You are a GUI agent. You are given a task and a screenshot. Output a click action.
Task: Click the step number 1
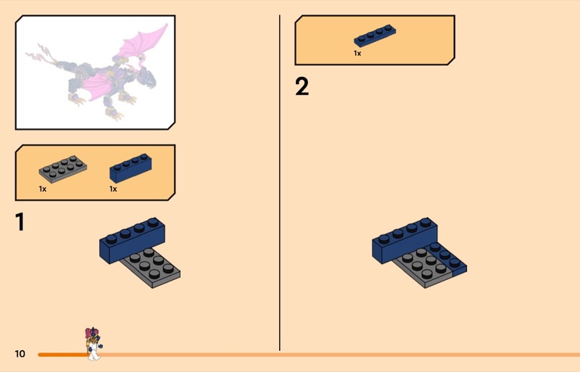click(20, 222)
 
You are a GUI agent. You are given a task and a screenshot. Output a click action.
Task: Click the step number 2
click(302, 86)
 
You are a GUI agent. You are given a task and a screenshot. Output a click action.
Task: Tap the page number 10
click(20, 354)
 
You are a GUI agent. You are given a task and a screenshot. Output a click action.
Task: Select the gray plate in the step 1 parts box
click(63, 169)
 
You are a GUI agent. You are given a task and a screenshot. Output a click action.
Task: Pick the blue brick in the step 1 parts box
click(130, 168)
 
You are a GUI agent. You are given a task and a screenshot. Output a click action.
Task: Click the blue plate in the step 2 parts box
click(375, 36)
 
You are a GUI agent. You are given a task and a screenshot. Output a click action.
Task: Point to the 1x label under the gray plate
click(43, 189)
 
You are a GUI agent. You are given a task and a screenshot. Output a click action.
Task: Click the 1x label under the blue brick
click(113, 189)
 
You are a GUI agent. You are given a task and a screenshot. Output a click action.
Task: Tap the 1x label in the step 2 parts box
click(357, 54)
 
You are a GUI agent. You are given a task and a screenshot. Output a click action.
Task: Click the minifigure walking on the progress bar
click(94, 344)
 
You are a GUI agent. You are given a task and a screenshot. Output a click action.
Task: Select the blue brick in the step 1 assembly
click(132, 240)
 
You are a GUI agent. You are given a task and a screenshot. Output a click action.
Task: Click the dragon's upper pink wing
click(142, 42)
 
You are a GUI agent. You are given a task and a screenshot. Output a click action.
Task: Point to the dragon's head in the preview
click(146, 78)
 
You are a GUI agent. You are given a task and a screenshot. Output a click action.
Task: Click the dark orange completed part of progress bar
click(62, 355)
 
